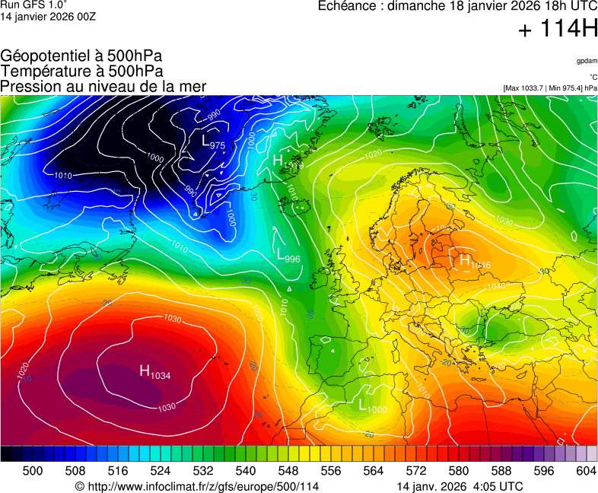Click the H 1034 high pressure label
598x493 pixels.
154,371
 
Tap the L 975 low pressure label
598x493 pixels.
212,142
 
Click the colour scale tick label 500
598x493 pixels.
33,471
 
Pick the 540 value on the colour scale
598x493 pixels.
246,471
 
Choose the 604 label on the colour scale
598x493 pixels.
586,471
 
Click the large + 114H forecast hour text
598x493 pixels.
558,30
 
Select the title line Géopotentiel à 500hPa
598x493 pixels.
81,56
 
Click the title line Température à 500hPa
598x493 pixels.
81,72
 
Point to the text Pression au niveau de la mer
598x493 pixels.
103,87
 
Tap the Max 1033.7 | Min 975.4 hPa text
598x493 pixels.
550,88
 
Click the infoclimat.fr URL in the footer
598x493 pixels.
196,486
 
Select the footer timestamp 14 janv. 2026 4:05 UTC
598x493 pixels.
460,486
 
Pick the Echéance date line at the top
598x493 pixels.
457,7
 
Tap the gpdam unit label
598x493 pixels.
587,60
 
